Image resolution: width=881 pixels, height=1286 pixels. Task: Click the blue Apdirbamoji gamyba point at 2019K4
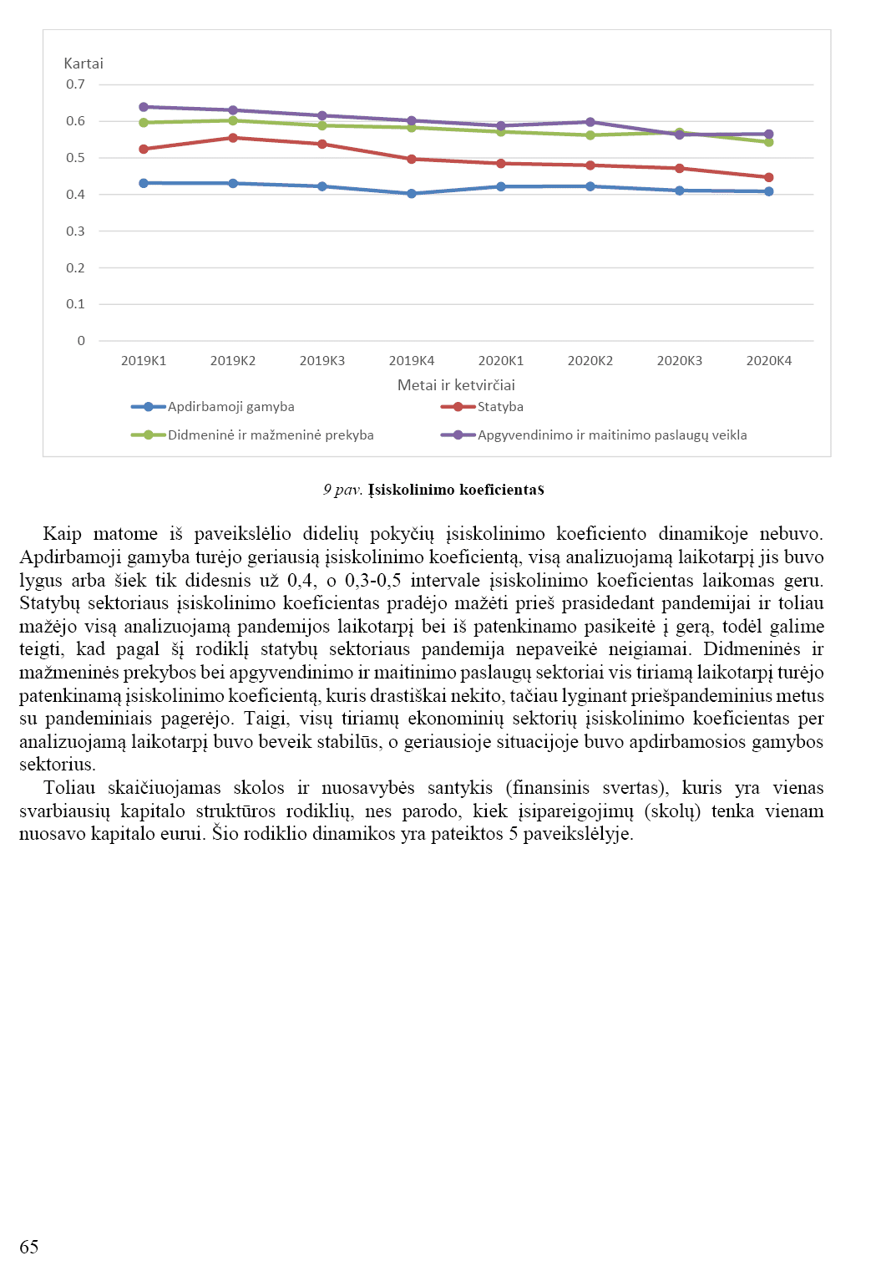tap(412, 194)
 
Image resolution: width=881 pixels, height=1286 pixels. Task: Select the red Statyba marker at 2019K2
tap(233, 138)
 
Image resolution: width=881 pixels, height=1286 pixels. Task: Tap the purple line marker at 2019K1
tap(144, 107)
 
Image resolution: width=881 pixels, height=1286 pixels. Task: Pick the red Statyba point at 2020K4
tap(769, 177)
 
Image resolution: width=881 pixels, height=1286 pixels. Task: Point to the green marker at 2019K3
tap(322, 125)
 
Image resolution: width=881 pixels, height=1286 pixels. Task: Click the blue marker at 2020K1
tap(501, 186)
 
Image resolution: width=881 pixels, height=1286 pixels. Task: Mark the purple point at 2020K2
tap(590, 122)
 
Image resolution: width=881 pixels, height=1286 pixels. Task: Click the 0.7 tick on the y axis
tap(76, 84)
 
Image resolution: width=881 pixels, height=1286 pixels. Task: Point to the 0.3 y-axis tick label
tap(76, 231)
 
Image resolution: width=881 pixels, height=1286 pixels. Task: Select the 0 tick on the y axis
tap(81, 341)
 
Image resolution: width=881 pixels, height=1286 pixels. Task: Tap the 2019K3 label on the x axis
tap(322, 361)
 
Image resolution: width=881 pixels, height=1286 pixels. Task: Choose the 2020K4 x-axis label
tap(769, 361)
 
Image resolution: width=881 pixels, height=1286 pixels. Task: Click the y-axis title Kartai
tap(84, 64)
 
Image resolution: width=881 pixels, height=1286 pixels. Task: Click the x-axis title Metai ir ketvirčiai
tap(456, 385)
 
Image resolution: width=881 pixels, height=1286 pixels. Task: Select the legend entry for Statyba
tap(500, 407)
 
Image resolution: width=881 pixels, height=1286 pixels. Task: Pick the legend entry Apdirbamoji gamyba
tap(230, 407)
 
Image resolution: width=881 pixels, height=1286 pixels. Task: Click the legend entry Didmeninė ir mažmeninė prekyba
tap(271, 435)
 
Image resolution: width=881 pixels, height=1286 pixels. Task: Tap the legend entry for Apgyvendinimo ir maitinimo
tap(612, 435)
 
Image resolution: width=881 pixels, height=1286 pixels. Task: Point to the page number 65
tap(29, 1247)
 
